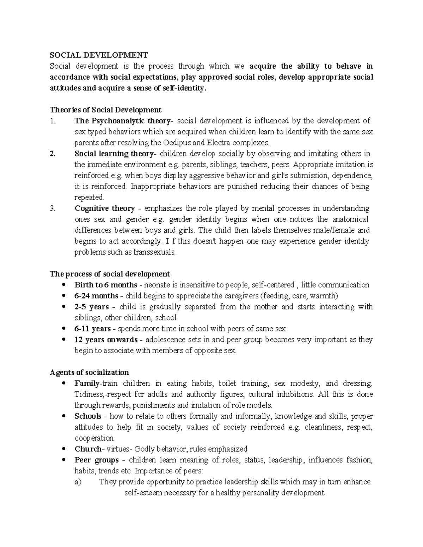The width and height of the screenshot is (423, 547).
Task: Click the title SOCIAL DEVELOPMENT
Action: click(x=99, y=55)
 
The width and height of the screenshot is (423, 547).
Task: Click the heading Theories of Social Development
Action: click(x=105, y=110)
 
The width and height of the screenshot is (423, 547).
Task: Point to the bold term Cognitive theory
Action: click(x=105, y=208)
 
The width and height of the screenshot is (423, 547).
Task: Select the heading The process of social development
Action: click(x=110, y=274)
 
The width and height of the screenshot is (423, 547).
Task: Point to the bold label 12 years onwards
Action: click(x=106, y=340)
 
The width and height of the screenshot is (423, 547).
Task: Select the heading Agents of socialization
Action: click(x=89, y=372)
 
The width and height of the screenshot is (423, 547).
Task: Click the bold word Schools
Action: click(x=88, y=416)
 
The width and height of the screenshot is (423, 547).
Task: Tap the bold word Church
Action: click(x=87, y=449)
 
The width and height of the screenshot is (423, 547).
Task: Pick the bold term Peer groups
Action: click(x=97, y=460)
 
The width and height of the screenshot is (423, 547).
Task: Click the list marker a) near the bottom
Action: click(x=78, y=482)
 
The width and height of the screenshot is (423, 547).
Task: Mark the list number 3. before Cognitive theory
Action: click(x=53, y=208)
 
